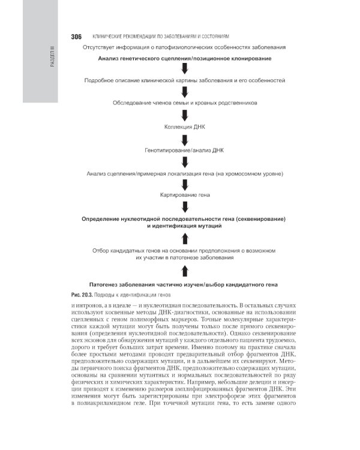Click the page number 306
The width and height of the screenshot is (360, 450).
pos(76,36)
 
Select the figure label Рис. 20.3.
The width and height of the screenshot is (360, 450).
pos(82,295)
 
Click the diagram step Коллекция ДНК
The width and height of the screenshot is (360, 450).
pos(185,127)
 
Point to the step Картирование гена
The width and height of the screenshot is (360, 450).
pos(185,196)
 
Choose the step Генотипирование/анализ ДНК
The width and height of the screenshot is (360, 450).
pos(185,150)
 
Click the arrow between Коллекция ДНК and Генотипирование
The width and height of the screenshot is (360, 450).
pos(185,138)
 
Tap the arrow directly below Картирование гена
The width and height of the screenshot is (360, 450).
pos(185,207)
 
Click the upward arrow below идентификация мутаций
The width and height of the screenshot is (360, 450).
pos(185,239)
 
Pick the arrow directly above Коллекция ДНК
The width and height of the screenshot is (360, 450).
pos(185,115)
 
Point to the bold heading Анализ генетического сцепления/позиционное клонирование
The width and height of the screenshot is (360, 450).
pos(185,58)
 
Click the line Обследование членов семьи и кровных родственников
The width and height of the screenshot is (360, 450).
pos(185,103)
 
